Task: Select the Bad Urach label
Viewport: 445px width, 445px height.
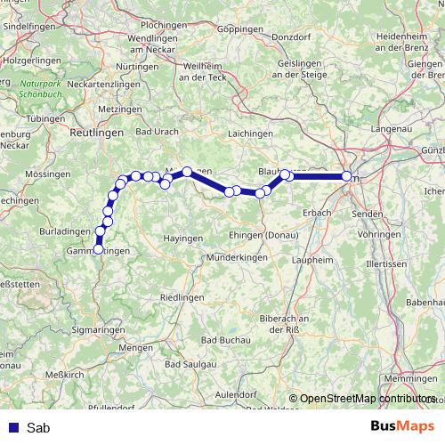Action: point(155,131)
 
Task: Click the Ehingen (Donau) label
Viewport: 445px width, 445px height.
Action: point(264,234)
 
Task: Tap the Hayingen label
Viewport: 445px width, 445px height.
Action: point(184,239)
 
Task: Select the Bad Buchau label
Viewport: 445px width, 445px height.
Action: point(224,340)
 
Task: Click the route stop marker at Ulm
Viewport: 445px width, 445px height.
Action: point(346,176)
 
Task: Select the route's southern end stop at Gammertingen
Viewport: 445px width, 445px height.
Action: point(98,250)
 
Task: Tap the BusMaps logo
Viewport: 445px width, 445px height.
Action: point(403,427)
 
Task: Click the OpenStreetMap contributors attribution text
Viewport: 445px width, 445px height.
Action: point(368,399)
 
